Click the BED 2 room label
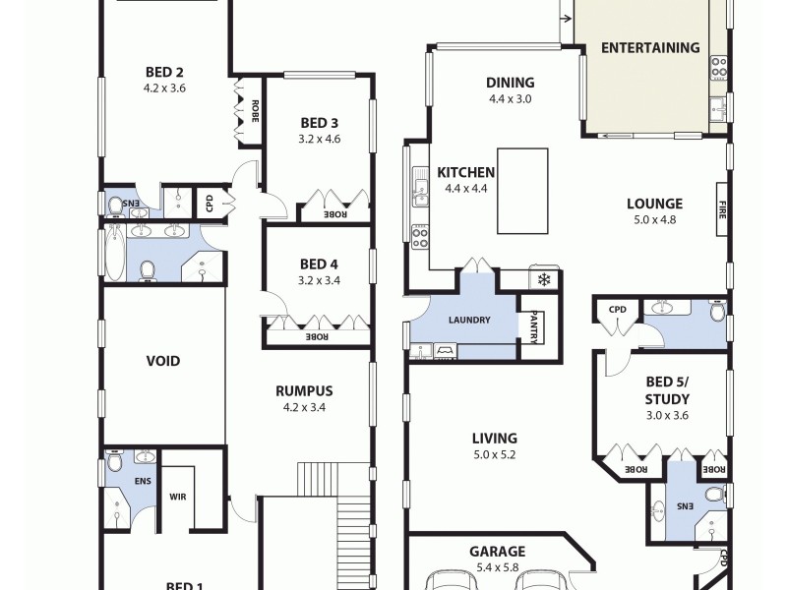(x=164, y=71)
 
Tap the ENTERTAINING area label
(x=650, y=47)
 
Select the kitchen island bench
(x=521, y=191)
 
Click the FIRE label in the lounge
(x=721, y=209)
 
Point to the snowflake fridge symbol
(x=544, y=279)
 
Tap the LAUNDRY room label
(x=469, y=321)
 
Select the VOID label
(x=163, y=361)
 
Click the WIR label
(x=178, y=497)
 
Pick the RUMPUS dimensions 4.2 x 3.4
(x=304, y=407)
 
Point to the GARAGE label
(x=497, y=552)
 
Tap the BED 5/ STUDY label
(x=667, y=390)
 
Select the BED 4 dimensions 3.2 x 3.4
(x=320, y=280)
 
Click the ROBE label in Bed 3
(x=335, y=214)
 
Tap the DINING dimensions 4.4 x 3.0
(x=510, y=99)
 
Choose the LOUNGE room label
(x=654, y=205)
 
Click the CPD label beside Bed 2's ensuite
(x=210, y=204)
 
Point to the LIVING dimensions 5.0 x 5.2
(x=493, y=455)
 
